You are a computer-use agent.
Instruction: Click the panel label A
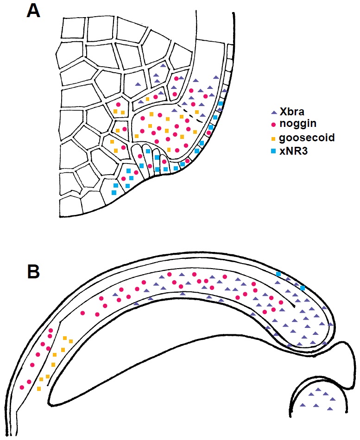(x=34, y=10)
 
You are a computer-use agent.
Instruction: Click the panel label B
(x=34, y=271)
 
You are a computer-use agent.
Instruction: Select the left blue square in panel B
(x=278, y=274)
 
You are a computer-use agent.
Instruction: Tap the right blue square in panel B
(x=302, y=288)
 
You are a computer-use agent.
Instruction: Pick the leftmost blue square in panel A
(x=114, y=192)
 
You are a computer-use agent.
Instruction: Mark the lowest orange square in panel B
(x=39, y=388)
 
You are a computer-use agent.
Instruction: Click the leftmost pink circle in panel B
(x=21, y=387)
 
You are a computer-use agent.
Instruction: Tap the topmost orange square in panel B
(x=65, y=337)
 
